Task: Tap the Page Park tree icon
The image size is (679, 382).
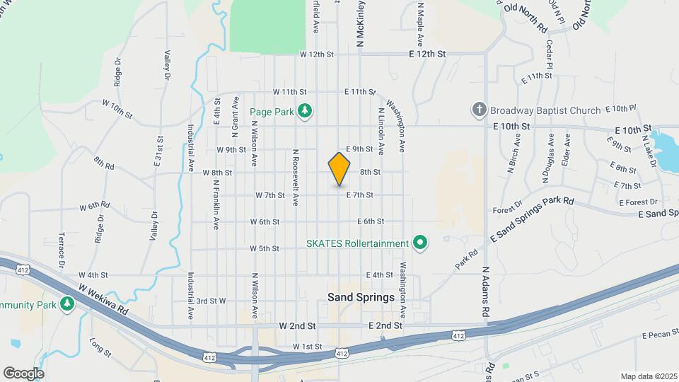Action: click(305, 111)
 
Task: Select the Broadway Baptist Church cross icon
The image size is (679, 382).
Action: click(479, 110)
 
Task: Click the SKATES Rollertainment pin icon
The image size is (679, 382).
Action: click(421, 243)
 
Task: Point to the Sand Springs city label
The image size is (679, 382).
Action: click(361, 297)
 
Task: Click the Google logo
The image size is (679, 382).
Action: click(23, 374)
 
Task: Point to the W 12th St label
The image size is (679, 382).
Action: click(316, 54)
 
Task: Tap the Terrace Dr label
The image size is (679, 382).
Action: click(62, 250)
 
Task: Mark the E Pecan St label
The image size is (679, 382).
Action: click(660, 335)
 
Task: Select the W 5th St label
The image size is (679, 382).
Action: click(265, 248)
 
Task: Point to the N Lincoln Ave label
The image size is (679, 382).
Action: click(381, 131)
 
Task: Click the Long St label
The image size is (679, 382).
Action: click(100, 347)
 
